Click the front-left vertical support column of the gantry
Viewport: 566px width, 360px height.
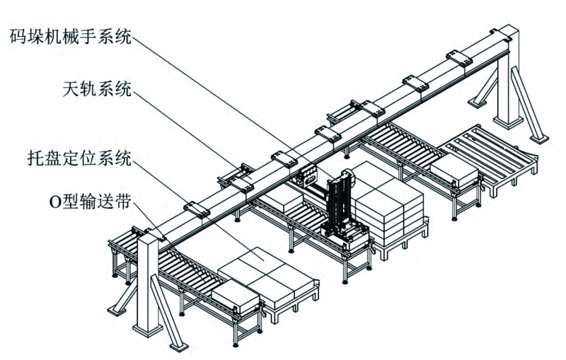pyautogui.click(x=149, y=283)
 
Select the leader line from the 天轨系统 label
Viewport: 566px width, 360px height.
pyautogui.click(x=184, y=134)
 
